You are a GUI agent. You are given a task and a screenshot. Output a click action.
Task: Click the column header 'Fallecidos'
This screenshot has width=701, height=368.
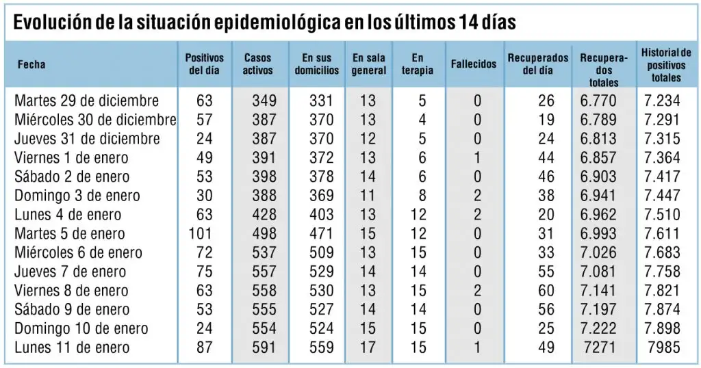coord(474,64)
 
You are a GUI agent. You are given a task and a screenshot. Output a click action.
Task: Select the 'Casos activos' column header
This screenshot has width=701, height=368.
coord(258,64)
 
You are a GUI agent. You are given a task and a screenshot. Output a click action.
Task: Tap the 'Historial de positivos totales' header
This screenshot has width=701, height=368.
coord(666,65)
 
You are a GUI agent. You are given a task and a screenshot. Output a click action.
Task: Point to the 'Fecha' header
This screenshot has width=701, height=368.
coord(31,64)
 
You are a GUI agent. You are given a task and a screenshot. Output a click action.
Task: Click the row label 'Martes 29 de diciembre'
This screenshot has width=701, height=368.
coord(86,101)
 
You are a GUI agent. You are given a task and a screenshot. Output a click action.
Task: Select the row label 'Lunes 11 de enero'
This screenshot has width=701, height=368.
coord(72,347)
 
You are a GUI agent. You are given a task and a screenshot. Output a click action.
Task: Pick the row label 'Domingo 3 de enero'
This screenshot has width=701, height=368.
coord(77,196)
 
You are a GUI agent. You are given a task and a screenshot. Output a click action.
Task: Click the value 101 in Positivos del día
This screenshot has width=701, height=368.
coord(201,233)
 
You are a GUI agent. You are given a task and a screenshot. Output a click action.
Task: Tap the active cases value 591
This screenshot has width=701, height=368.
coord(264,347)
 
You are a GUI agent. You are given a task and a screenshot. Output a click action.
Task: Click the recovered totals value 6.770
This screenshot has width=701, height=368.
coord(598,101)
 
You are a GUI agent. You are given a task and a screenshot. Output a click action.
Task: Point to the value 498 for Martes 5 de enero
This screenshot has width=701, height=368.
coord(264,233)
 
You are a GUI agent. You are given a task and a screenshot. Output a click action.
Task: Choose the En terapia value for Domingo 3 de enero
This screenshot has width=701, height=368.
coord(422,196)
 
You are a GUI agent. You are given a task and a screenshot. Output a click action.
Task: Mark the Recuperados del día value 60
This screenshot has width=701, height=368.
coord(546,291)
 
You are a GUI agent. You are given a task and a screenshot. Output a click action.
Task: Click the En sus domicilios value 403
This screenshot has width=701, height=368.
coord(322,214)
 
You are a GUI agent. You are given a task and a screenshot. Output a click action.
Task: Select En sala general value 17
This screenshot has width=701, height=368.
coord(368,347)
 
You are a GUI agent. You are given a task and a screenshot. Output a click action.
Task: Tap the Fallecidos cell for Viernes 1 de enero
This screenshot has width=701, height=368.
coord(477,157)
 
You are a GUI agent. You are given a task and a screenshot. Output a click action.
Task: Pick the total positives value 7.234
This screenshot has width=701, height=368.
coord(662,101)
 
